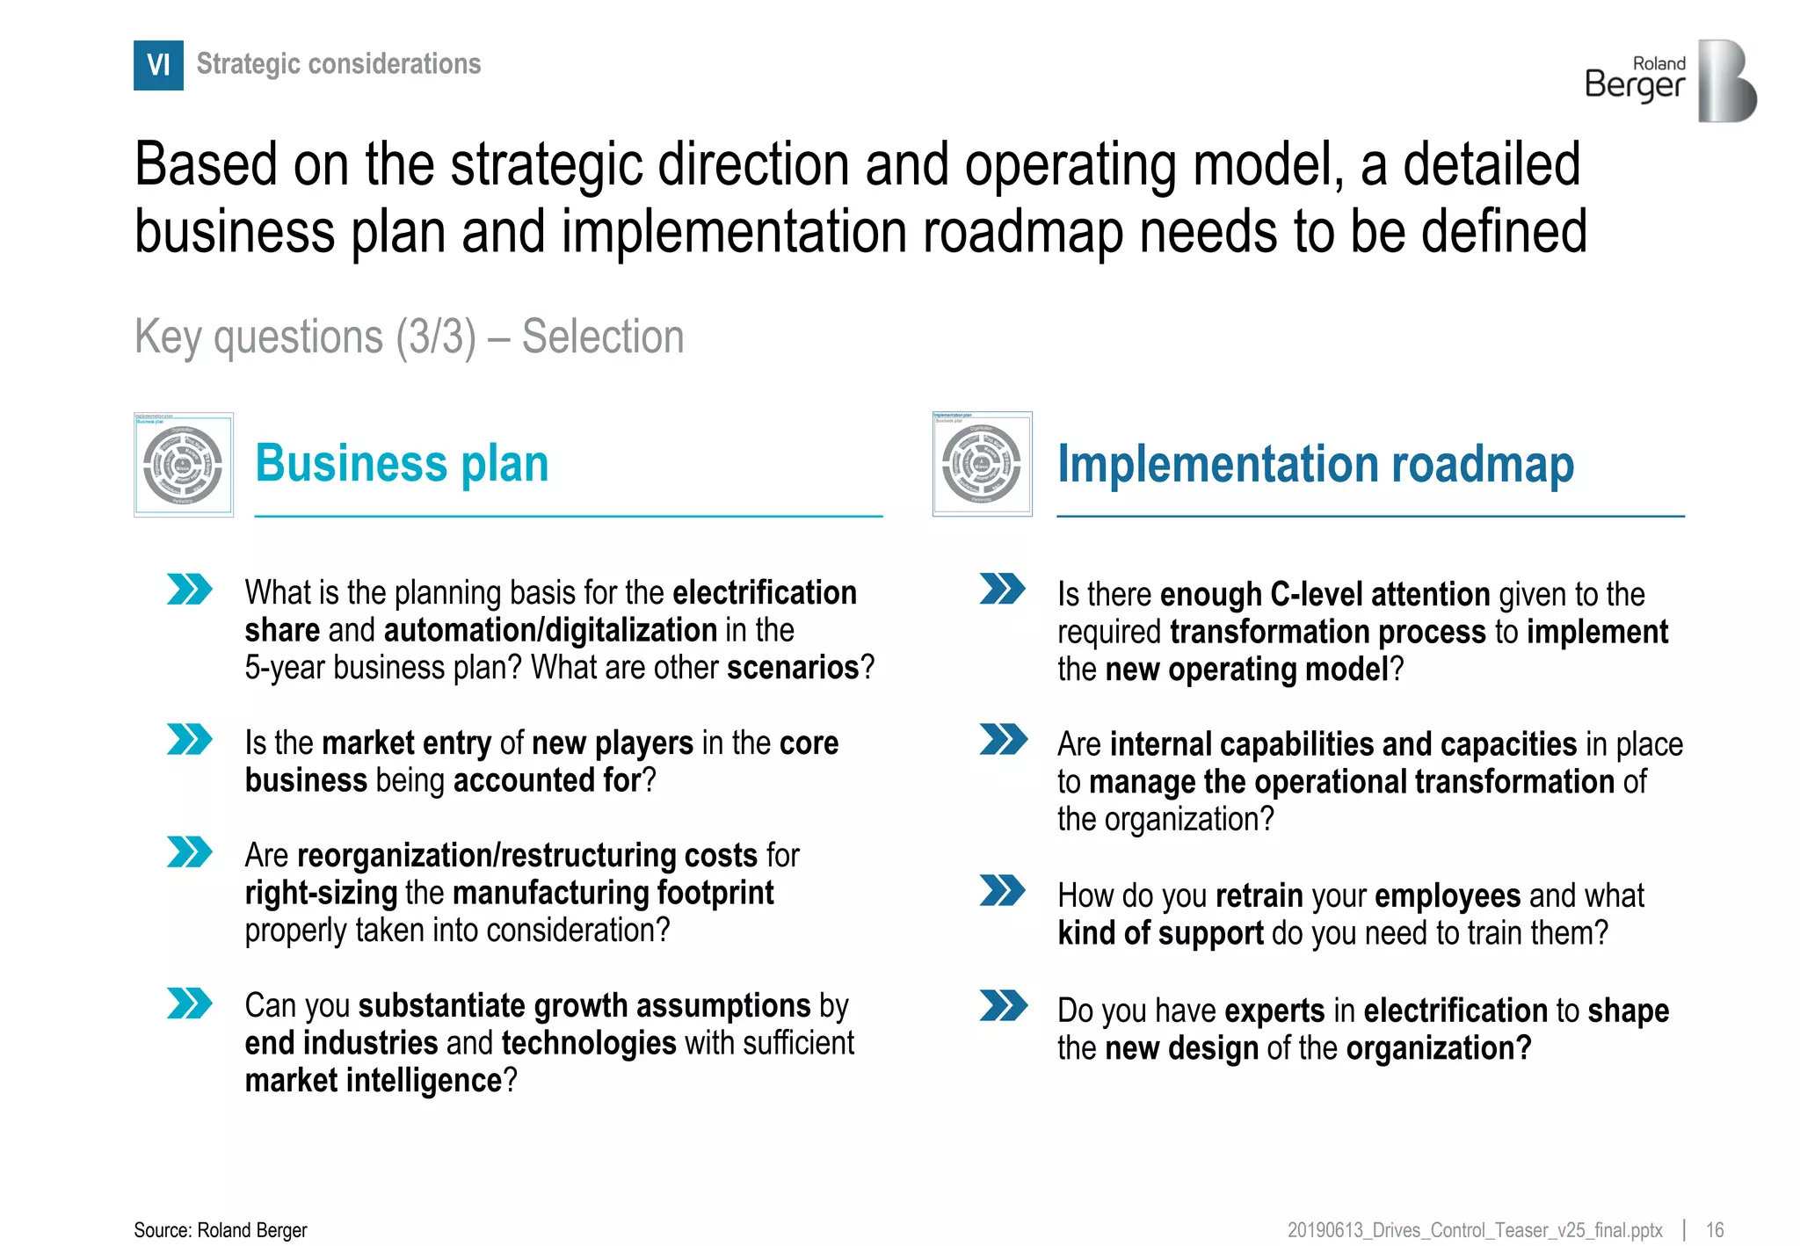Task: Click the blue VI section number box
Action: pyautogui.click(x=158, y=65)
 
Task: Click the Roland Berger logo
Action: pyautogui.click(x=1670, y=81)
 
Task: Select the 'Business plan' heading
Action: pyautogui.click(x=402, y=463)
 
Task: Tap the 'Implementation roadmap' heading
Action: pyautogui.click(x=1315, y=464)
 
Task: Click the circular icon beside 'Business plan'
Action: pyautogui.click(x=183, y=465)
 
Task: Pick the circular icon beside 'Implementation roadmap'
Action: pyautogui.click(x=982, y=464)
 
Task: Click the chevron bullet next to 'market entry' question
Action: pyautogui.click(x=189, y=739)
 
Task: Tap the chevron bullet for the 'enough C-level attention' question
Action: pyautogui.click(x=1002, y=589)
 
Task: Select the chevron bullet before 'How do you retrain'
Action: pyautogui.click(x=1002, y=890)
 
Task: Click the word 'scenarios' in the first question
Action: pyautogui.click(x=792, y=668)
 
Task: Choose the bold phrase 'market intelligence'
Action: pyautogui.click(x=374, y=1081)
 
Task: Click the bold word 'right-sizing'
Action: pyautogui.click(x=321, y=893)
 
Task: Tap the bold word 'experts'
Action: pyautogui.click(x=1274, y=1011)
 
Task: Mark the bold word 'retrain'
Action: pyautogui.click(x=1259, y=895)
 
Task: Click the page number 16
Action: pyautogui.click(x=1715, y=1230)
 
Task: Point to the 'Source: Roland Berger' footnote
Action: pyautogui.click(x=221, y=1230)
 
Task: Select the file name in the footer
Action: pyautogui.click(x=1475, y=1230)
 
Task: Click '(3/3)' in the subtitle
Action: pyautogui.click(x=435, y=337)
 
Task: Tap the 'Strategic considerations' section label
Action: pyautogui.click(x=338, y=64)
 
